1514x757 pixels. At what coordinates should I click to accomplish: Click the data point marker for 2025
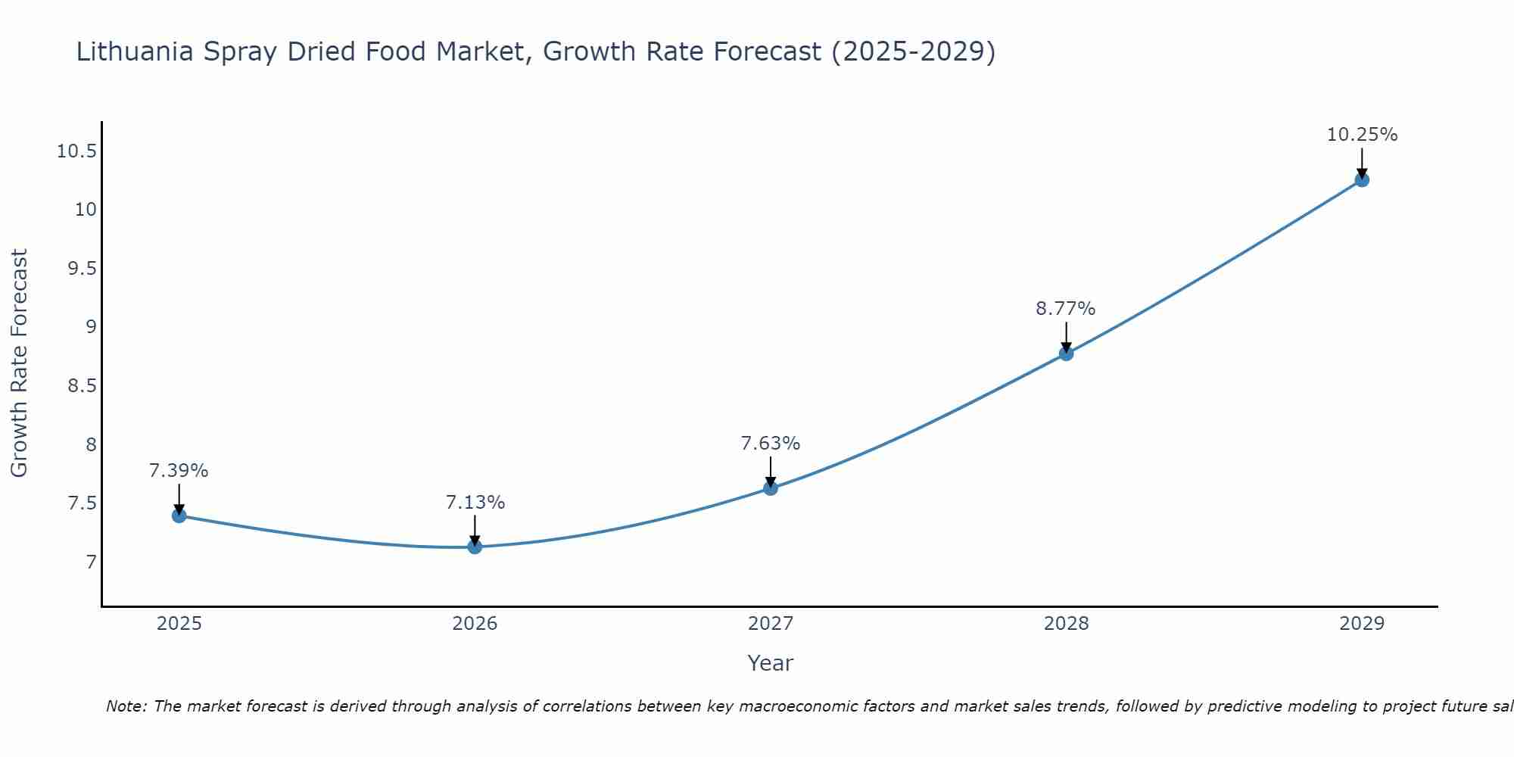pyautogui.click(x=179, y=516)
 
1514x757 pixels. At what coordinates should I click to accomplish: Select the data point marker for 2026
pyautogui.click(x=475, y=547)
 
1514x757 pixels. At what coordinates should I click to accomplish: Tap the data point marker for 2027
pyautogui.click(x=771, y=488)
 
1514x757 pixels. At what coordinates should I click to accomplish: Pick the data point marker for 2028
pyautogui.click(x=1066, y=354)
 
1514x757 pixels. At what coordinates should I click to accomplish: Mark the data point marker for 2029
pyautogui.click(x=1362, y=180)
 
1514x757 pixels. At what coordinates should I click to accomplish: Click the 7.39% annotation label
pyautogui.click(x=179, y=471)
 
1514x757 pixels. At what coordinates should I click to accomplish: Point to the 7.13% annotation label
pyautogui.click(x=475, y=503)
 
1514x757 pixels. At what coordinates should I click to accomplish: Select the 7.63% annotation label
pyautogui.click(x=771, y=444)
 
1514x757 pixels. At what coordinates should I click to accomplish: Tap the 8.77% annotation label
pyautogui.click(x=1066, y=309)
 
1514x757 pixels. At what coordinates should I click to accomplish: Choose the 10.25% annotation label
pyautogui.click(x=1362, y=135)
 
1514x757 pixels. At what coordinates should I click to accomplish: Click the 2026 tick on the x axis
pyautogui.click(x=475, y=624)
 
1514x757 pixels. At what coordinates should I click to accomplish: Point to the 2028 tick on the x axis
pyautogui.click(x=1066, y=624)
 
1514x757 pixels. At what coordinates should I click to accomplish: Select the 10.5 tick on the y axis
pyautogui.click(x=76, y=151)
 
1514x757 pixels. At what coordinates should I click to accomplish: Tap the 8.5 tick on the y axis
pyautogui.click(x=82, y=386)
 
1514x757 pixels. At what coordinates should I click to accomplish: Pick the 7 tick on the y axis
pyautogui.click(x=91, y=562)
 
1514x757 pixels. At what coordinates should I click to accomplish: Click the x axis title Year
pyautogui.click(x=770, y=663)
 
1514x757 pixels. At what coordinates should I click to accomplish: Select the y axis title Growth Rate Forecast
pyautogui.click(x=20, y=363)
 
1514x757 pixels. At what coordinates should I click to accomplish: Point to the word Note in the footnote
pyautogui.click(x=126, y=706)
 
